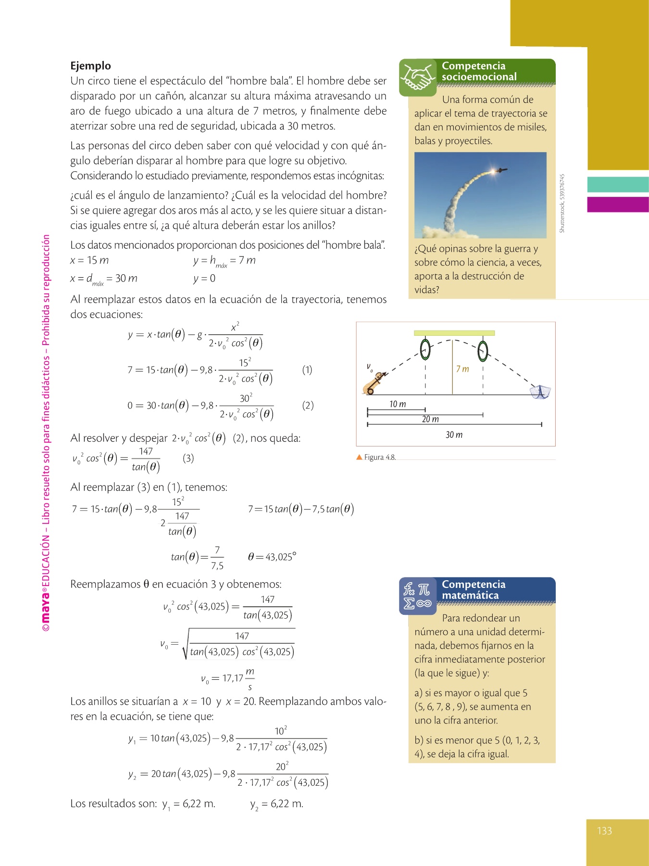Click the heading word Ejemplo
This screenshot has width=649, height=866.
tap(90, 66)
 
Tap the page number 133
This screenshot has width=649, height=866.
tap(604, 831)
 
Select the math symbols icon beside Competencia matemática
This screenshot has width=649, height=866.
tap(417, 596)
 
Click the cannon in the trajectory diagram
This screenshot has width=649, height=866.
tap(374, 383)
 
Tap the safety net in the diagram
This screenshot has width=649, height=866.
tap(540, 392)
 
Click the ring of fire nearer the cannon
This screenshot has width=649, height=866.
tap(425, 349)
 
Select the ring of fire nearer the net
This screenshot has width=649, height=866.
tap(483, 351)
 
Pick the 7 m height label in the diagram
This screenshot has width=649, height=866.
tap(462, 369)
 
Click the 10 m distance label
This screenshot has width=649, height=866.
tap(398, 404)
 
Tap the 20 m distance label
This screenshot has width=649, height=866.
tap(430, 419)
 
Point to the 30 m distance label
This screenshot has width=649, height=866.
tap(454, 435)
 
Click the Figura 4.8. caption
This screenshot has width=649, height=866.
tap(380, 457)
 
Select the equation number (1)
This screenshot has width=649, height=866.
tap(307, 369)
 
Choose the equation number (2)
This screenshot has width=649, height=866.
tap(308, 405)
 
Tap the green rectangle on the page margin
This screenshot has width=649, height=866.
tap(618, 185)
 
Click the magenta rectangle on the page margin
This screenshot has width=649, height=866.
tap(618, 204)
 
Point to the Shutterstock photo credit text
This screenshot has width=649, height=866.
tap(562, 204)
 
